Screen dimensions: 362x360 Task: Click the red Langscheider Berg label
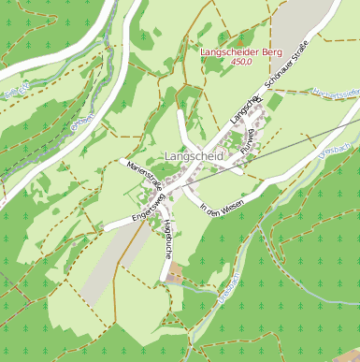[241, 52]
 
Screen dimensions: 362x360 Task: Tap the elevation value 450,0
[241, 63]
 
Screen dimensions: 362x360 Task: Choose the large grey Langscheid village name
[193, 157]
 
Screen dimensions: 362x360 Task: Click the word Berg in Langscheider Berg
[271, 52]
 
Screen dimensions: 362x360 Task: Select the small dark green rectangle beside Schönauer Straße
[275, 101]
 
